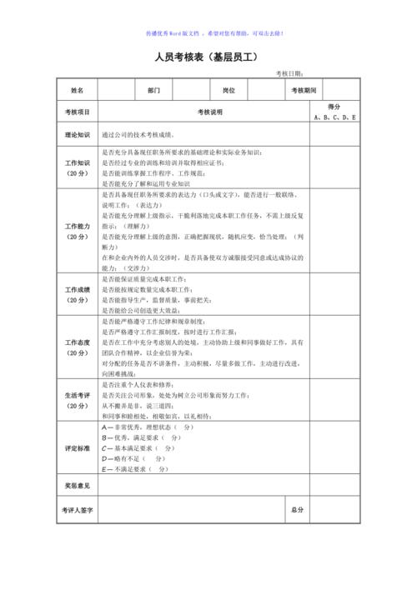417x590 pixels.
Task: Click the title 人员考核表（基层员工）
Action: [208, 57]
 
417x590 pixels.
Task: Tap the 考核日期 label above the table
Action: [293, 74]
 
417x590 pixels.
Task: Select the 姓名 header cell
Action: [77, 89]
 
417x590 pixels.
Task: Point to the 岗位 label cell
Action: [229, 89]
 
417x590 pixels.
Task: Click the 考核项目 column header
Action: [77, 112]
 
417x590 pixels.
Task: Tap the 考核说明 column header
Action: [209, 112]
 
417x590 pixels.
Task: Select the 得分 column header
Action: [334, 107]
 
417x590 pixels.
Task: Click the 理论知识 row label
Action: [77, 134]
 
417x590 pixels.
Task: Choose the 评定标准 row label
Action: [77, 447]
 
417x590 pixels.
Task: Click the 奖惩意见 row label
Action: [77, 484]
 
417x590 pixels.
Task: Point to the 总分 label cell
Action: [297, 508]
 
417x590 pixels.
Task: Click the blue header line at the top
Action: [208, 33]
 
